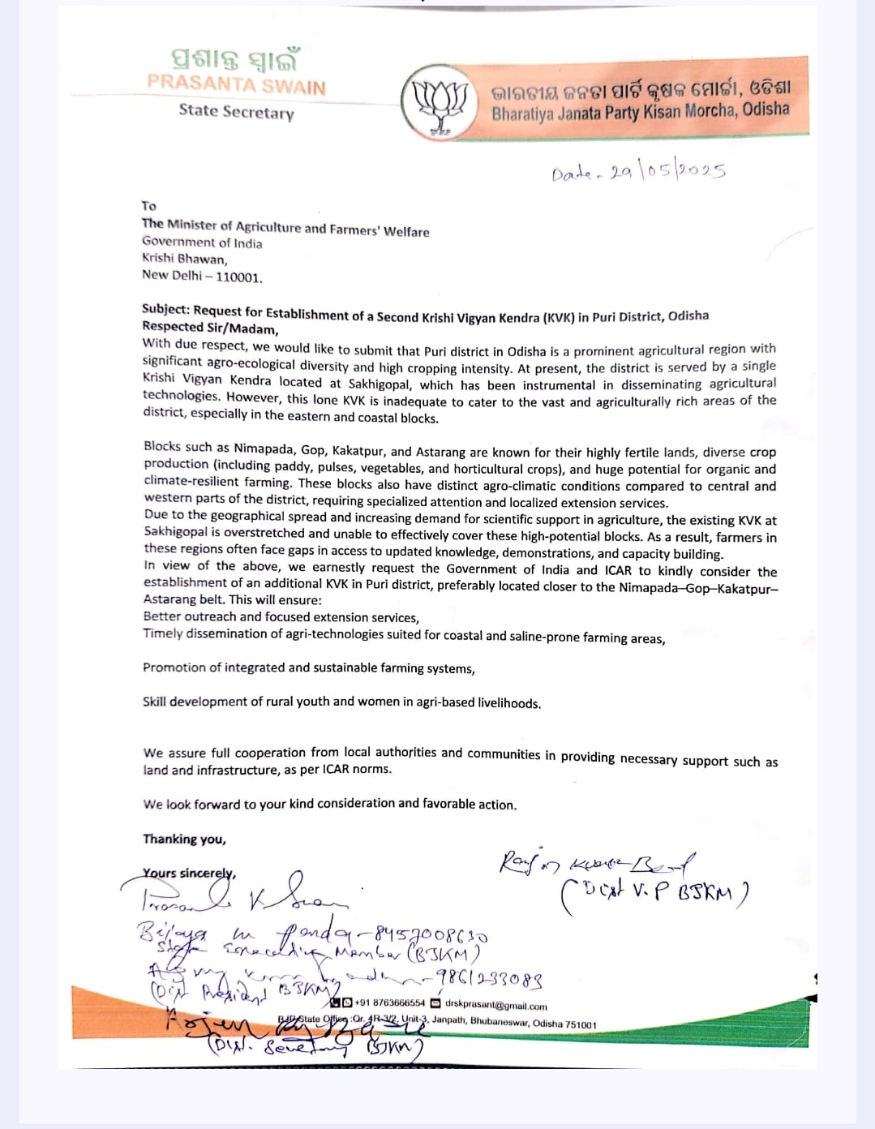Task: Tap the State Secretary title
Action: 236,111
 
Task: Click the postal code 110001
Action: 239,277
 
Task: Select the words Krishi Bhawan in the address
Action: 183,259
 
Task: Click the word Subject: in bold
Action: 166,309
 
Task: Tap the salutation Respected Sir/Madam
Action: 210,328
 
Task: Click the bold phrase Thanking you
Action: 184,839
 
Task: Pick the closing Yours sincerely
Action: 189,874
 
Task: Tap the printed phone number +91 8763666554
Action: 389,1003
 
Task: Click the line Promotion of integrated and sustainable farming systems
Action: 309,668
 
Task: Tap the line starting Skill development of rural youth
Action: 341,702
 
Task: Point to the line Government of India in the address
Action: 202,243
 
